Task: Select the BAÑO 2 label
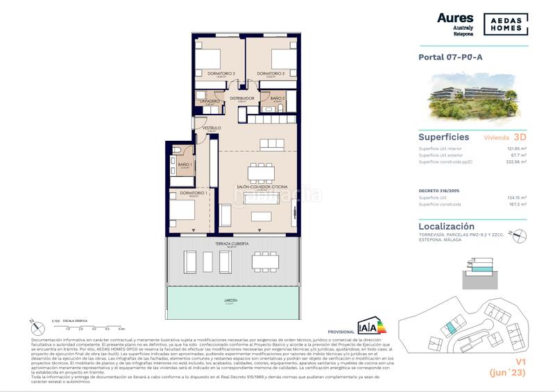coord(278,99)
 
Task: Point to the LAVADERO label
coord(210,101)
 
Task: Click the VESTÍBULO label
coord(212,128)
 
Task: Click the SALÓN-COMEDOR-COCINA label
coord(262,187)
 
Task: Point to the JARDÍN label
coord(231,300)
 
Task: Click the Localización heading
coord(447,226)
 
